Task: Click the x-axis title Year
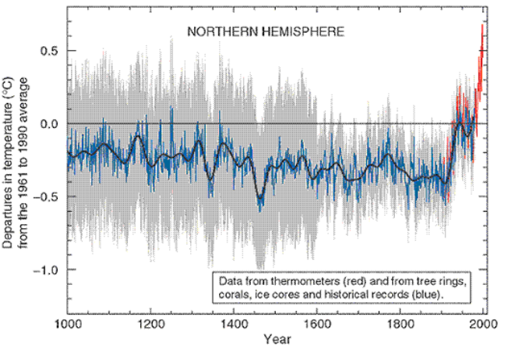click(x=275, y=341)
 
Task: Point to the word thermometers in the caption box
click(x=298, y=281)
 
